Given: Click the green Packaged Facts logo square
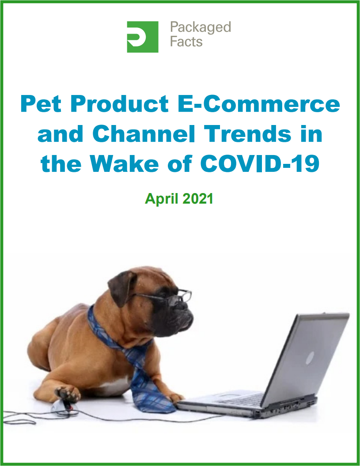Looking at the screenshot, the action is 143,37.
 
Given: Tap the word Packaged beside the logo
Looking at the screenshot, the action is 201,28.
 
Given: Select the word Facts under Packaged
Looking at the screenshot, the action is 186,42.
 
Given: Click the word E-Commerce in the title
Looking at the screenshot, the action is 259,104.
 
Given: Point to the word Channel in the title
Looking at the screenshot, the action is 144,134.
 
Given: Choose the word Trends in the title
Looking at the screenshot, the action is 248,134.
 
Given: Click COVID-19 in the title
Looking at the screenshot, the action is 260,163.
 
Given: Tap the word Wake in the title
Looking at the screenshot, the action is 124,163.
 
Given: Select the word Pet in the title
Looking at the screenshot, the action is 41,104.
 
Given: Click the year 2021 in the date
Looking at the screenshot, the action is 198,198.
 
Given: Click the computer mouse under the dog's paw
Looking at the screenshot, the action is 62,405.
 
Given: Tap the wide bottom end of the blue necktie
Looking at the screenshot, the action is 155,401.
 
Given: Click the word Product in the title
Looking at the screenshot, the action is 120,104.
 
